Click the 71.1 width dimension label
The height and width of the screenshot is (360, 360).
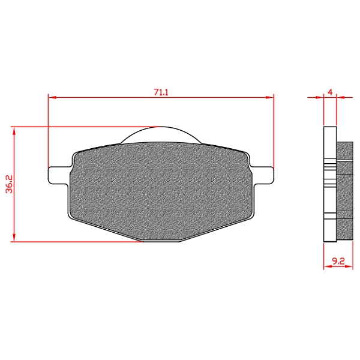(x=161, y=92)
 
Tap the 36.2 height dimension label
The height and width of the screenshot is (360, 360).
(x=10, y=184)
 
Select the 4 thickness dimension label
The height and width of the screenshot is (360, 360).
(x=330, y=92)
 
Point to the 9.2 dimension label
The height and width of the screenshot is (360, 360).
(x=338, y=261)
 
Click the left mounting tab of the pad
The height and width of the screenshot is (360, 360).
(x=59, y=175)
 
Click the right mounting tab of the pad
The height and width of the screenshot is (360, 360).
(x=262, y=175)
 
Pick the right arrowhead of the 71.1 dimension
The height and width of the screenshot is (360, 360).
(x=270, y=97)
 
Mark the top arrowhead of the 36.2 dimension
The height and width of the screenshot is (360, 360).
(x=14, y=131)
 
